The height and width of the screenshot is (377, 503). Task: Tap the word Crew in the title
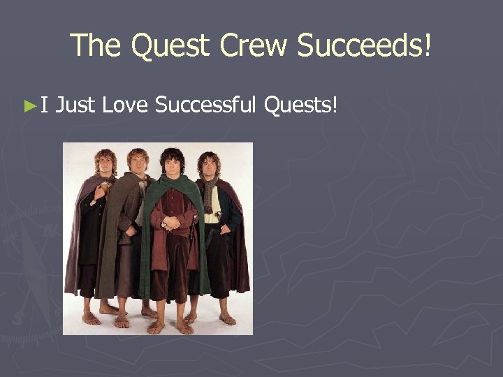pos(255,45)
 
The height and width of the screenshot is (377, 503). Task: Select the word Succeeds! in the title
pos(364,45)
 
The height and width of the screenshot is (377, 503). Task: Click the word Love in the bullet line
pos(125,105)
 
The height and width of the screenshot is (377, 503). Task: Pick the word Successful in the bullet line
pos(207,105)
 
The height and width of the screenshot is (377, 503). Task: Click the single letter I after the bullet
pos(43,105)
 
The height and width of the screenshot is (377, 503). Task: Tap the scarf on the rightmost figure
pos(209,192)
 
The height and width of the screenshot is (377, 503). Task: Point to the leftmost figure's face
pos(105,163)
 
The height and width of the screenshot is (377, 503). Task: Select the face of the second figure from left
pos(138,165)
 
